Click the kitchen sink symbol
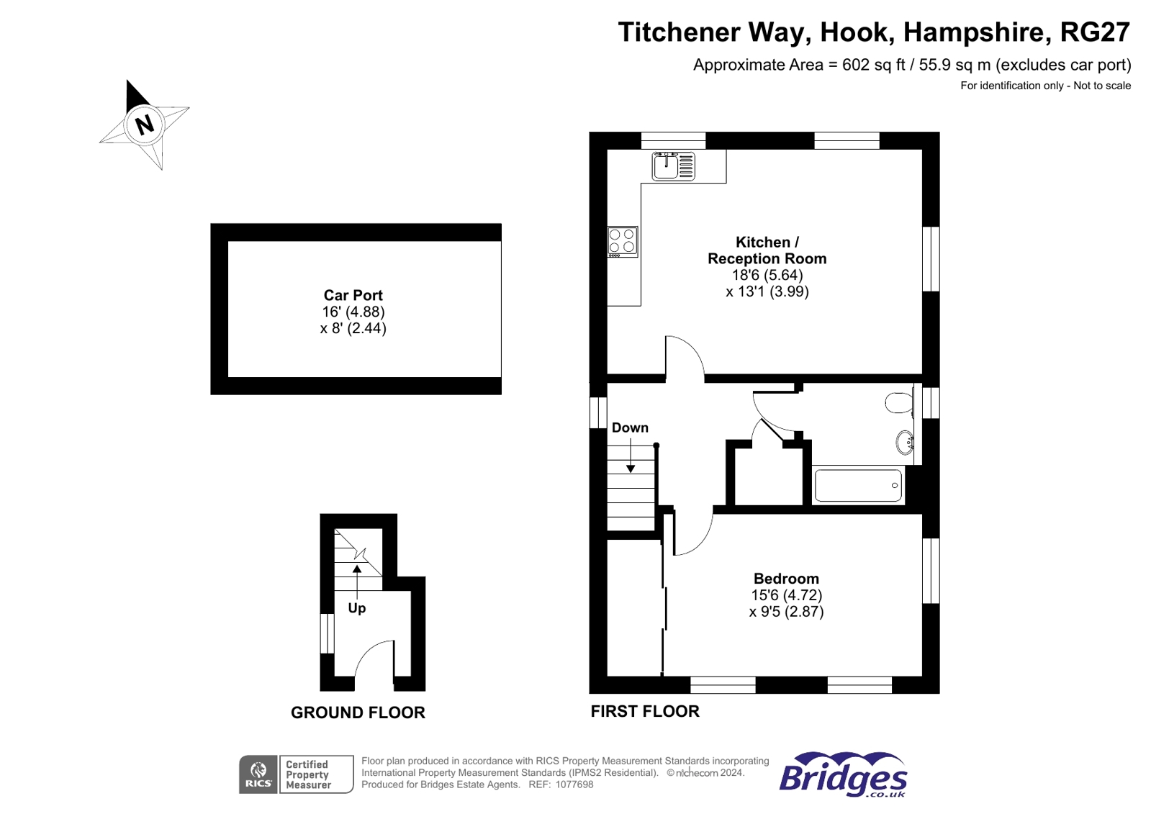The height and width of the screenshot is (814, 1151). pyautogui.click(x=673, y=166)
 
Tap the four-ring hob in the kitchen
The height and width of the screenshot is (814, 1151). pyautogui.click(x=623, y=241)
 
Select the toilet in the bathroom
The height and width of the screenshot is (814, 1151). pyautogui.click(x=899, y=402)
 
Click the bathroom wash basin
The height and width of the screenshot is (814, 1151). pyautogui.click(x=905, y=442)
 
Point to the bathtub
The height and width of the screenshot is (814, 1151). pyautogui.click(x=858, y=486)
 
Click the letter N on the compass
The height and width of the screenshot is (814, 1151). pyautogui.click(x=145, y=125)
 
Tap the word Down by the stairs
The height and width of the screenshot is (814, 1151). pyautogui.click(x=630, y=428)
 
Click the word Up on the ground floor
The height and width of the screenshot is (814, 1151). pyautogui.click(x=357, y=608)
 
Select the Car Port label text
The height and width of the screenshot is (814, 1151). pyautogui.click(x=353, y=295)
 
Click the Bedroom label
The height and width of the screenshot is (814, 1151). pyautogui.click(x=786, y=579)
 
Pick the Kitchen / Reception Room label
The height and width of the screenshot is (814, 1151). pyautogui.click(x=767, y=250)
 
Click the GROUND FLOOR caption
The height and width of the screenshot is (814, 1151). pyautogui.click(x=358, y=713)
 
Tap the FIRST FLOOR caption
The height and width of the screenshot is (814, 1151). pyautogui.click(x=645, y=711)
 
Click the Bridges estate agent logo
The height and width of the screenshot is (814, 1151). pyautogui.click(x=843, y=775)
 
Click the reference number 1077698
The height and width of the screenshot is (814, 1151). pyautogui.click(x=574, y=784)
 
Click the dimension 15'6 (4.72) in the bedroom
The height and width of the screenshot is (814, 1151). pyautogui.click(x=786, y=595)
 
